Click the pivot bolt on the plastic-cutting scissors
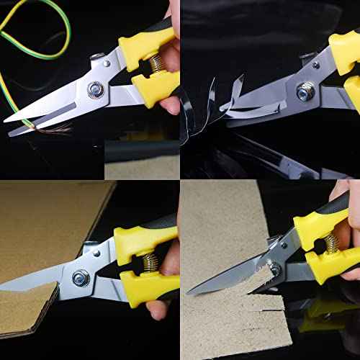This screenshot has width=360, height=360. point(306,91)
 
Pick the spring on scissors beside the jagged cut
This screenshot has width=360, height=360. point(331,244)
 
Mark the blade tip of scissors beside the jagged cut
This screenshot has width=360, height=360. point(189,292)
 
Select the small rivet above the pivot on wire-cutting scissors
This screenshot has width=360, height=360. point(95,57)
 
